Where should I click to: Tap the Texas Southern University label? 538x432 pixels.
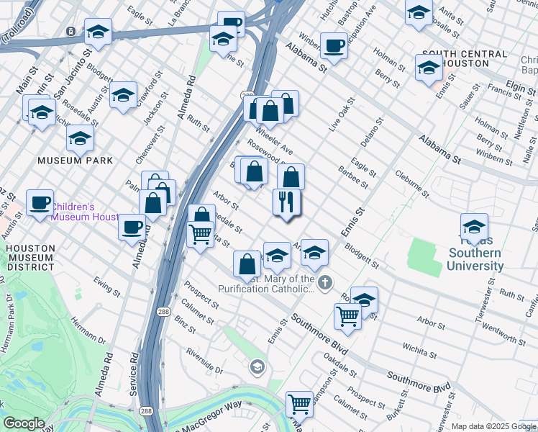pyautogui.click(x=474, y=259)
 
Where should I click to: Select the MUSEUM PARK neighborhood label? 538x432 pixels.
pyautogui.click(x=79, y=160)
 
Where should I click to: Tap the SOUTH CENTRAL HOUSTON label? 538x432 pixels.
pyautogui.click(x=465, y=58)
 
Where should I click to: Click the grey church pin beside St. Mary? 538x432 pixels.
pyautogui.click(x=325, y=282)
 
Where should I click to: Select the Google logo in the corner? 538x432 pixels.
pyautogui.click(x=23, y=423)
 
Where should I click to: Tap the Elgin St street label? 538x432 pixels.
pyautogui.click(x=521, y=86)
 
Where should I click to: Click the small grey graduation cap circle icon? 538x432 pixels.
pyautogui.click(x=257, y=368)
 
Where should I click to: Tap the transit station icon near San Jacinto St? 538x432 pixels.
pyautogui.click(x=70, y=32)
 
